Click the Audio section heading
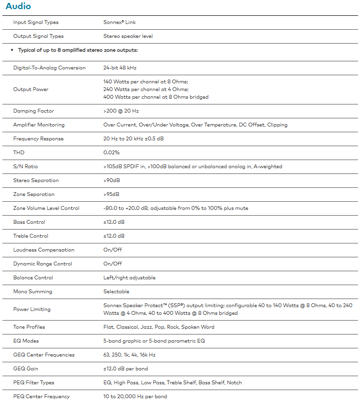tap(18, 6)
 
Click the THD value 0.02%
tap(112, 152)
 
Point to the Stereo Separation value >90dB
tap(112, 180)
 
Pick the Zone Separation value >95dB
tap(112, 194)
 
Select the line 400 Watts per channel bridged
tap(156, 97)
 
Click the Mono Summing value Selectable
tap(116, 291)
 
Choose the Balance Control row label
tap(33, 277)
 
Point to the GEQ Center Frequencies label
tap(44, 355)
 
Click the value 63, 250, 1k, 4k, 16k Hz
tap(129, 355)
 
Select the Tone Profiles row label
tap(29, 327)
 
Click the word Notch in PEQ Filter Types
tap(235, 382)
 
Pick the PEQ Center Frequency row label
tap(42, 396)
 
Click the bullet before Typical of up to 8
tap(11, 50)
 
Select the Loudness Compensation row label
tap(44, 250)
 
